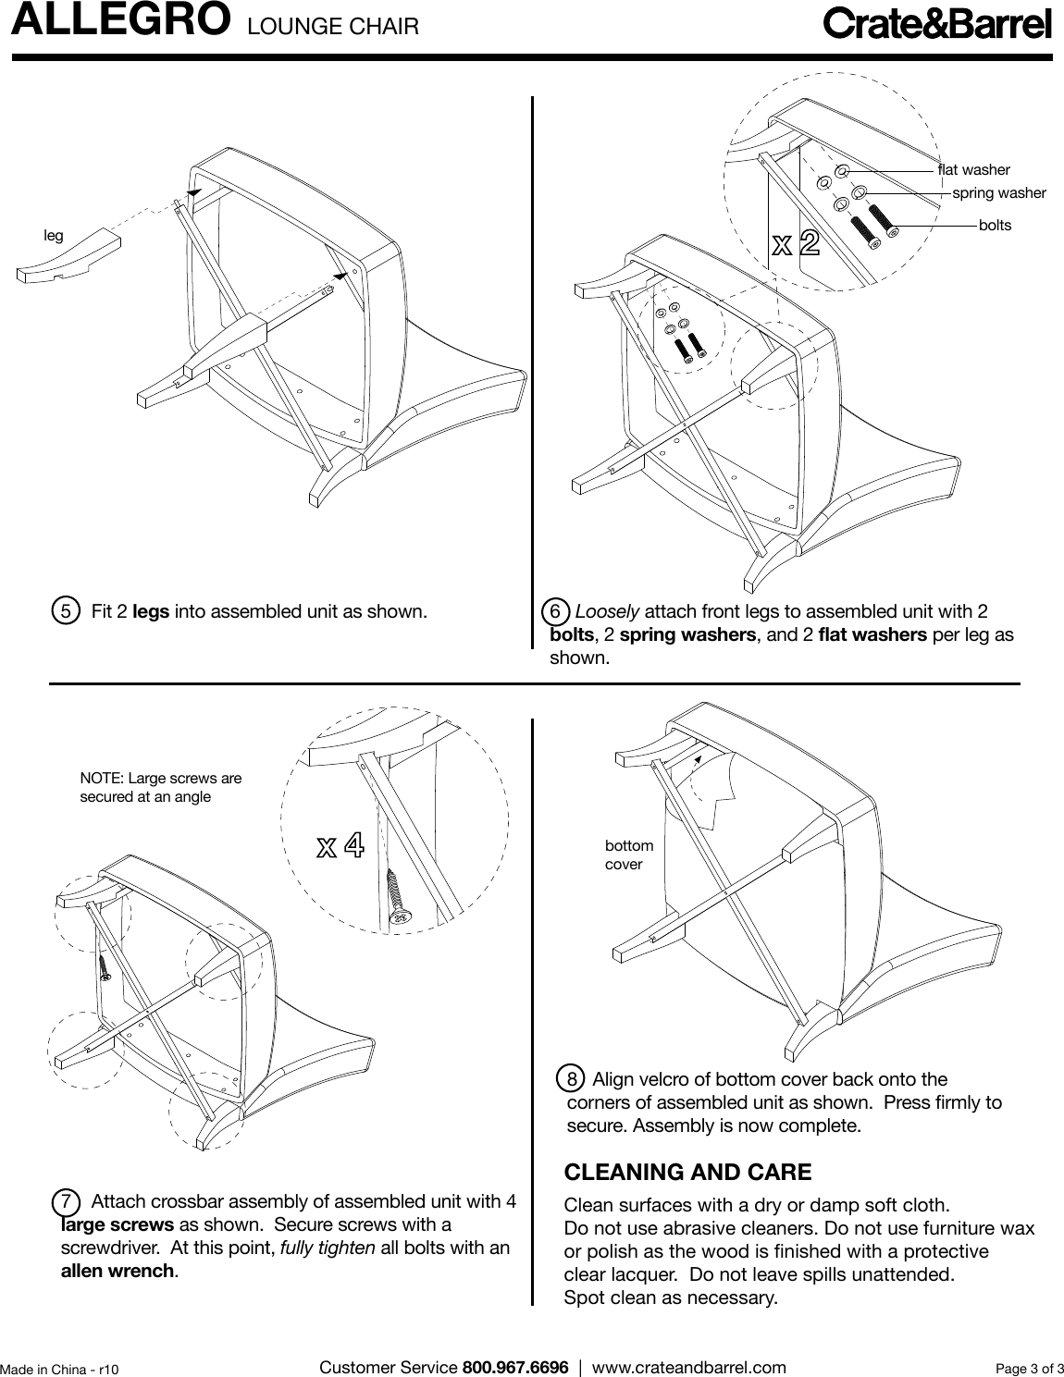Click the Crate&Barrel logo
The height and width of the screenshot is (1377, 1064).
937,24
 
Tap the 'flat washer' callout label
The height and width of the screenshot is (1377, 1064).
973,170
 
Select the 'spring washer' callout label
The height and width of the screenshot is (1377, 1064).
998,193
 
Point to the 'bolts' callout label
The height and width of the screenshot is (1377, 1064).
995,226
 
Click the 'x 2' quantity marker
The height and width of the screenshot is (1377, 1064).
796,244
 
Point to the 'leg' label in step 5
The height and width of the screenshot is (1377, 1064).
54,236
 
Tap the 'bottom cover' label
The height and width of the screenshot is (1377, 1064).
628,855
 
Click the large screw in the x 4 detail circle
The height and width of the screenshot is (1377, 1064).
398,896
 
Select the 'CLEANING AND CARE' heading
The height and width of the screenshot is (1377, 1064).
687,1173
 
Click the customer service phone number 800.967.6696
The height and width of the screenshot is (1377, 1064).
514,1367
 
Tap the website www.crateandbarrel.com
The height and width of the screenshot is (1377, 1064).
688,1367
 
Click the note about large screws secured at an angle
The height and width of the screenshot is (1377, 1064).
161,787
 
